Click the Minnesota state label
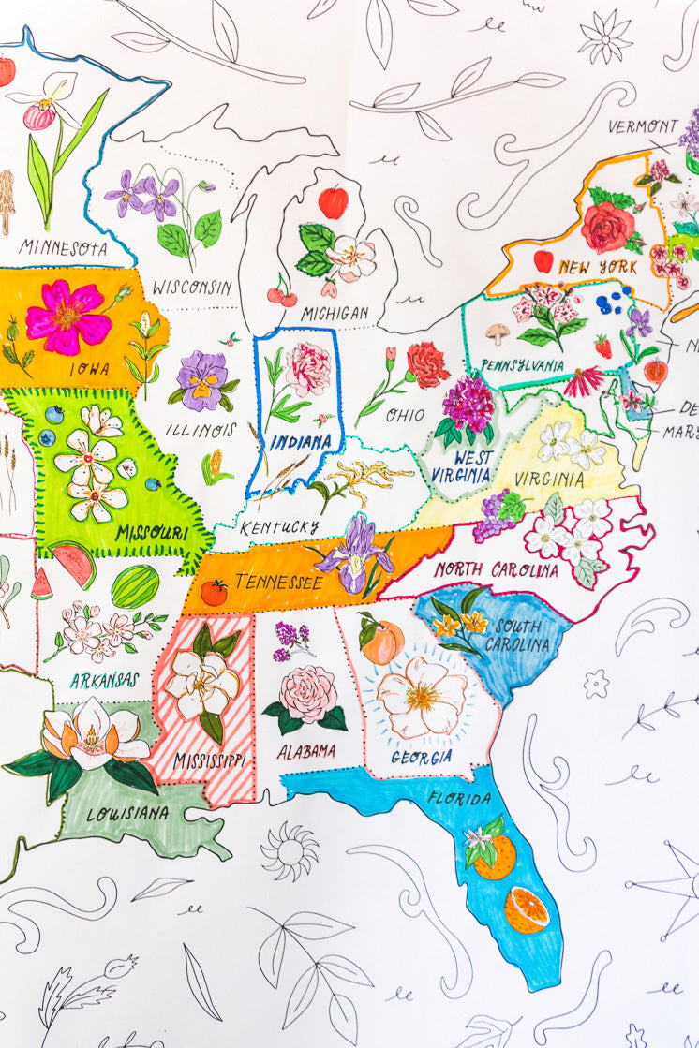pos(63,249)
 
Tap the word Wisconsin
pos(192,287)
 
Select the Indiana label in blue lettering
pos(302,441)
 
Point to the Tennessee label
pos(278,583)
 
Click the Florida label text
pos(458,799)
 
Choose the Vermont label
pos(643,126)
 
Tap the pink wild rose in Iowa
pos(67,317)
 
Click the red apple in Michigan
pos(333,201)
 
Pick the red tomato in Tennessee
pos(214,592)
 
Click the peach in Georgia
pos(382,642)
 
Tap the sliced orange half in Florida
pos(527,909)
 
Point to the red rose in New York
pos(607,226)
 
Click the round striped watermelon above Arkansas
pos(135,587)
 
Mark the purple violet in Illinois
pos(202,378)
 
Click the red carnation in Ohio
pos(426,363)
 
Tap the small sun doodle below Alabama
pos(289,849)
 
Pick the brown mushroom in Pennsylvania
pos(497,332)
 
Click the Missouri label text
pos(150,534)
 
